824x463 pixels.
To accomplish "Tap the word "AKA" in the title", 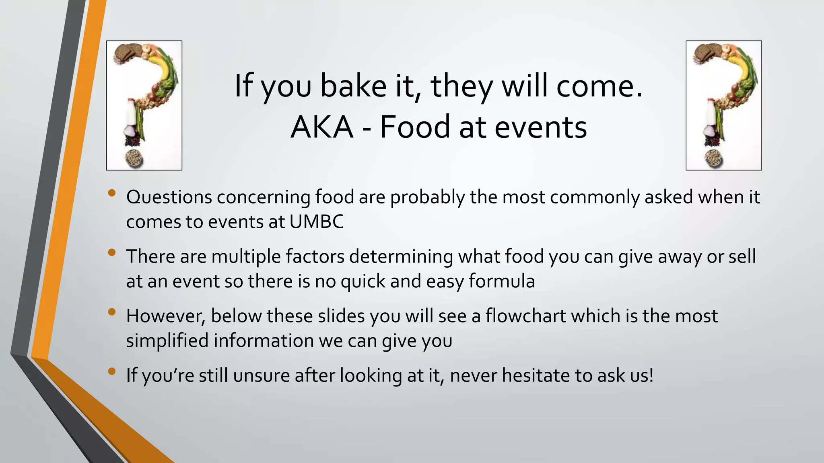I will [x=322, y=127].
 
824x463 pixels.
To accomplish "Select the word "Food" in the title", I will [x=415, y=127].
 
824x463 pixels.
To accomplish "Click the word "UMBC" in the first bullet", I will [x=316, y=222].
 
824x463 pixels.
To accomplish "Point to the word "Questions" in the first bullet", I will [x=169, y=197].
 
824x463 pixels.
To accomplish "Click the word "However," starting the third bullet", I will [x=166, y=316].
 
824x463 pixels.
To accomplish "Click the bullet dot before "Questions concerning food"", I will [x=112, y=193].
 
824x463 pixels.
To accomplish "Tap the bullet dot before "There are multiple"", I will [x=112, y=252].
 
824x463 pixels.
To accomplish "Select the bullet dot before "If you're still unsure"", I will [x=112, y=371].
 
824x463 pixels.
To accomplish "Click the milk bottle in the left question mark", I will [x=130, y=112].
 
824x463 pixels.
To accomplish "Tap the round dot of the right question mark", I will [x=713, y=158].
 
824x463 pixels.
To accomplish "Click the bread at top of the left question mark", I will [x=125, y=53].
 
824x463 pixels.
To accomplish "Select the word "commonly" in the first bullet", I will [x=595, y=197].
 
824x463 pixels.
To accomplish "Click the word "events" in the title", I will [x=540, y=127].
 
